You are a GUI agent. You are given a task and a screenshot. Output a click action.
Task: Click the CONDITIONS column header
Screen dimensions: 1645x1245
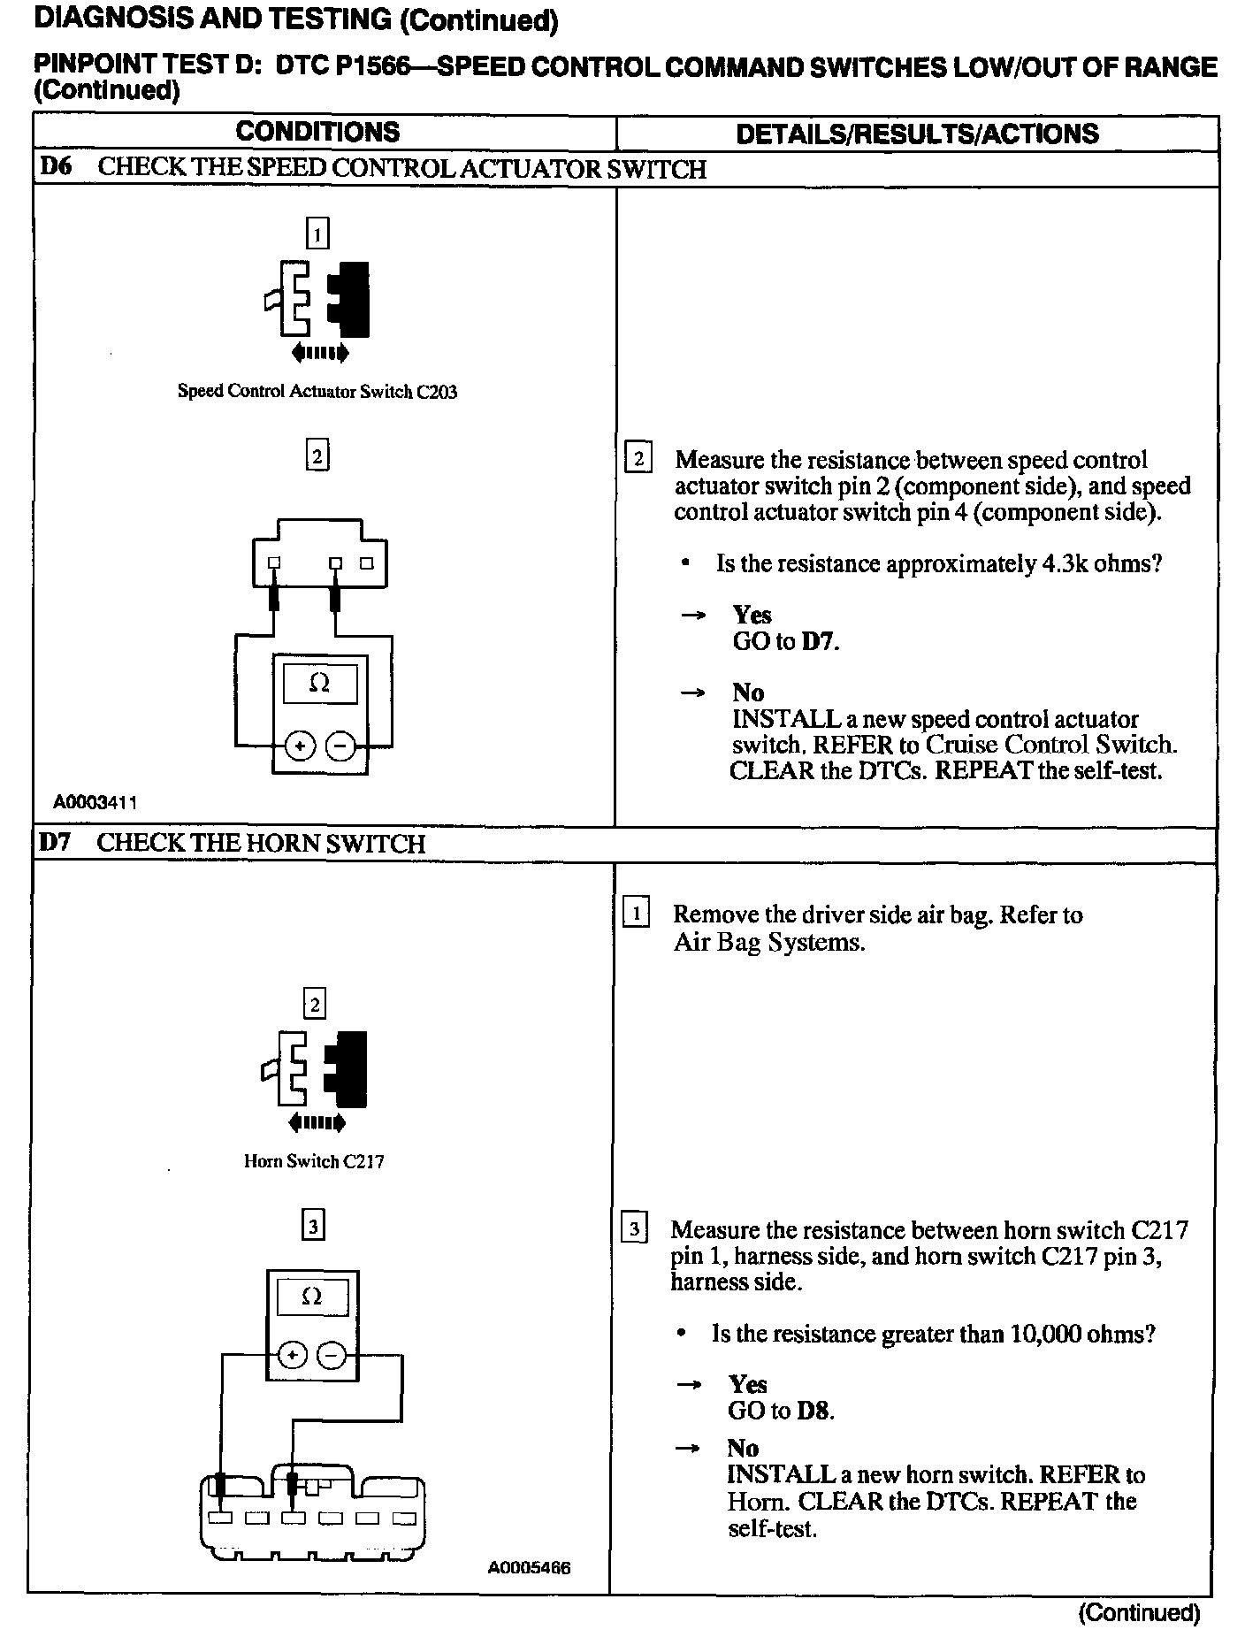pyautogui.click(x=317, y=133)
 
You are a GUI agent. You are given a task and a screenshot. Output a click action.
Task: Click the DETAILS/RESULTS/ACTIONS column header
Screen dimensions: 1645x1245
pyautogui.click(x=917, y=134)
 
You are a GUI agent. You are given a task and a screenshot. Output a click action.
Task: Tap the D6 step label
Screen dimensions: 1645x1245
pyautogui.click(x=56, y=167)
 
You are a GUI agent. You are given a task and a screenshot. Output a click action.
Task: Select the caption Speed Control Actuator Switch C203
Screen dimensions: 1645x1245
pyautogui.click(x=317, y=391)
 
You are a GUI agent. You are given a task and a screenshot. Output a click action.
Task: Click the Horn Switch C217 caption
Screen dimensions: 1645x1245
pyautogui.click(x=314, y=1161)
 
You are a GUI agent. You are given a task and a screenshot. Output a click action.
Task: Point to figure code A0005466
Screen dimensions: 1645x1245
pyautogui.click(x=529, y=1568)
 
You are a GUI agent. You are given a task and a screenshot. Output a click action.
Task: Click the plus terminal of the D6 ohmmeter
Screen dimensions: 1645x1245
pyautogui.click(x=300, y=747)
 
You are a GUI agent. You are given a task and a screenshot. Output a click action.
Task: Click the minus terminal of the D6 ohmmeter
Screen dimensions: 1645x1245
pyautogui.click(x=340, y=747)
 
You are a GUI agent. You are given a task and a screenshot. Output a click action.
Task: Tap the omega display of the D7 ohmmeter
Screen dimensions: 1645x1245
pyautogui.click(x=312, y=1297)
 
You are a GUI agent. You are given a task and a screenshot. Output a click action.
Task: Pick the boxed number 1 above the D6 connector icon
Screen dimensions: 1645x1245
pyautogui.click(x=317, y=233)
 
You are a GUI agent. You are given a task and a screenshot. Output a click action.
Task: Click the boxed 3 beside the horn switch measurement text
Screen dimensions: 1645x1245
pyautogui.click(x=635, y=1229)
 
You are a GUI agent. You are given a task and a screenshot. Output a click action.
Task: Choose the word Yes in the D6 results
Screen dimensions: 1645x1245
pyautogui.click(x=752, y=615)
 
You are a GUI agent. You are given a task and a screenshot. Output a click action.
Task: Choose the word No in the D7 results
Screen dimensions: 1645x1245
pyautogui.click(x=743, y=1448)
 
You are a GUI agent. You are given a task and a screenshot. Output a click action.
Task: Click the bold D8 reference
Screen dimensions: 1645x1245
pyautogui.click(x=813, y=1411)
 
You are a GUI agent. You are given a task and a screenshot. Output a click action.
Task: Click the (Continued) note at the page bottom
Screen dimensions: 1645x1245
pyautogui.click(x=1139, y=1613)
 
